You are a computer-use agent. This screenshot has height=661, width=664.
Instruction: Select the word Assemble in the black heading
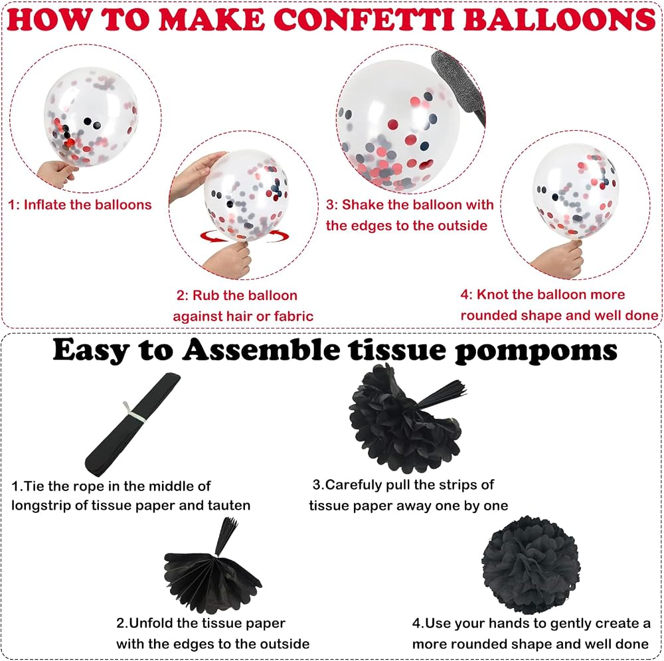point(261,350)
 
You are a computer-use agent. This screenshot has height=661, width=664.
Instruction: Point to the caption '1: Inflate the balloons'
point(80,205)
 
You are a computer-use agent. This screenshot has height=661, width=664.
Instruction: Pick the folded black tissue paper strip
point(133,425)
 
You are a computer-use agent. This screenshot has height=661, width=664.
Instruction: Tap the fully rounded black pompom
point(531,565)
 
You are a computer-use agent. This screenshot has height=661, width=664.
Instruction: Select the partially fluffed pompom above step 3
point(406,419)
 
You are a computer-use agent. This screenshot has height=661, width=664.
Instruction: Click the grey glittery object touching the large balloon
point(459,88)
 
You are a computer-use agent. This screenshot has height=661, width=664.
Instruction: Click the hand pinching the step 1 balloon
point(57,173)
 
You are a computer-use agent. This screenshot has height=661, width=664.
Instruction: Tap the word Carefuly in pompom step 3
point(353,485)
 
